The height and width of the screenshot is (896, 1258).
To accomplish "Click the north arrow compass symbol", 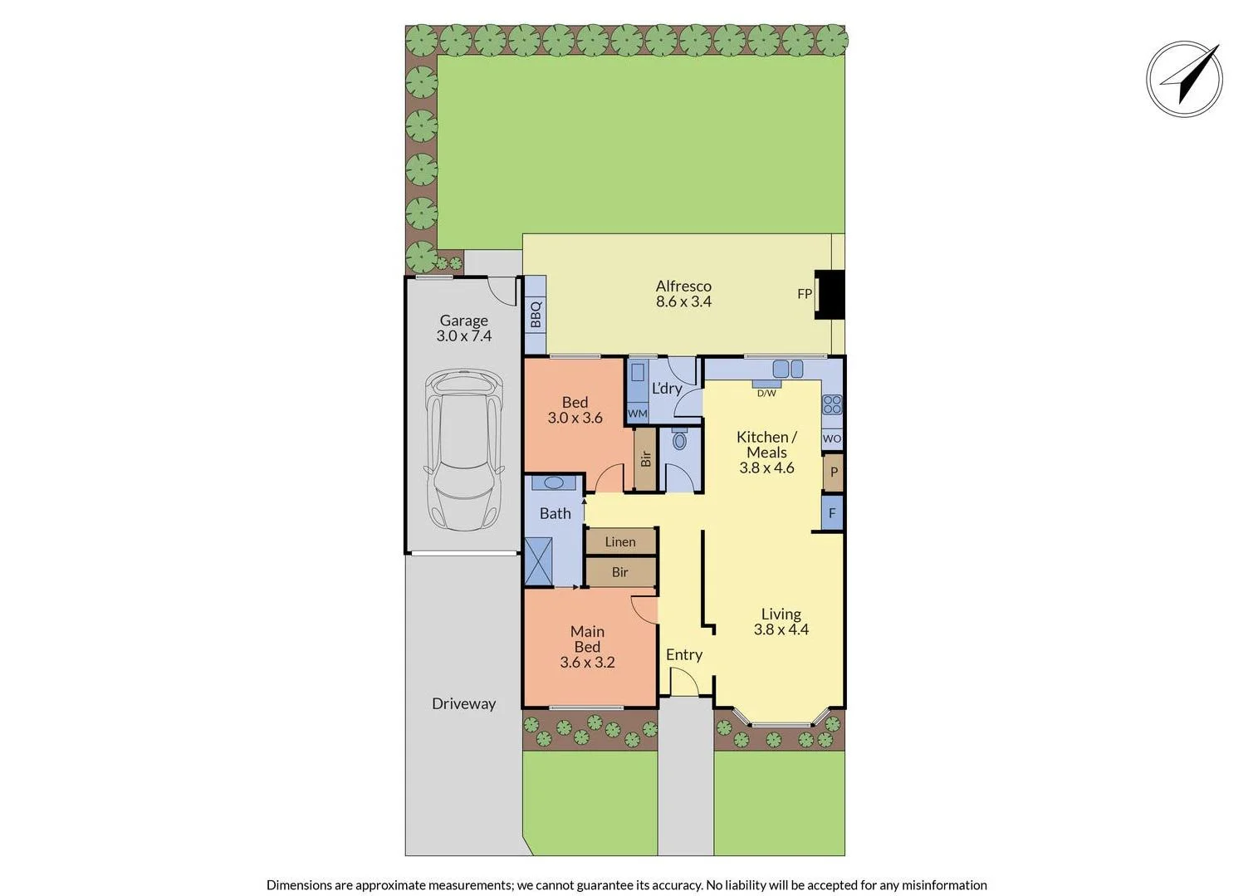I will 1184,79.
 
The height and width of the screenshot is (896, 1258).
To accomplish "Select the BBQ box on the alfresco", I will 536,315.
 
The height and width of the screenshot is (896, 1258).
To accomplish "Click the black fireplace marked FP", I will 829,294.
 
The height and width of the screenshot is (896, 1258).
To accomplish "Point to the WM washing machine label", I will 637,414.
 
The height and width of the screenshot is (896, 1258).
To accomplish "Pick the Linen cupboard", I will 620,541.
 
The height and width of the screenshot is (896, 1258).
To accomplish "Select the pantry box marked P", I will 834,472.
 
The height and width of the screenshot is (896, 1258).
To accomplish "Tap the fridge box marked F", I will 832,513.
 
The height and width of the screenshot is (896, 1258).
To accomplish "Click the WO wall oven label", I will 832,438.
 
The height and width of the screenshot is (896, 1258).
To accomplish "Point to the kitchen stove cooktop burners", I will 832,404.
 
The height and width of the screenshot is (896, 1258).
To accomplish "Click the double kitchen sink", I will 788,368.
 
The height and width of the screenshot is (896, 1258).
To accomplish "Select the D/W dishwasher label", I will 766,393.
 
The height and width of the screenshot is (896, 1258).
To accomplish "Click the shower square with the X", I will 538,561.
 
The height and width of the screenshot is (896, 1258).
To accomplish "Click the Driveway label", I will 463,703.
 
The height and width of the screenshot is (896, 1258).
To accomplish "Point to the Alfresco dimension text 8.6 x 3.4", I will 683,301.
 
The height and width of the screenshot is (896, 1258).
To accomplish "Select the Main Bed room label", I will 587,639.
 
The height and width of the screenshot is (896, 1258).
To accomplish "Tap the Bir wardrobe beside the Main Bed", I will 620,572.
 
